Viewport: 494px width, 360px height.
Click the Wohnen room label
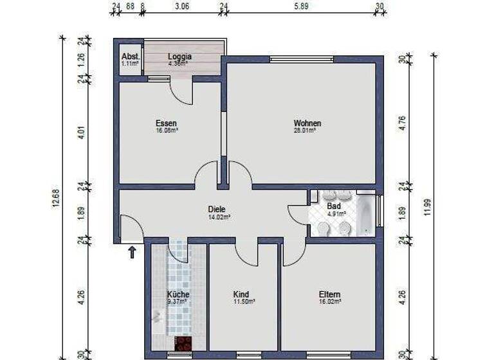coord(307,123)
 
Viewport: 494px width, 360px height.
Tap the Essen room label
coord(166,123)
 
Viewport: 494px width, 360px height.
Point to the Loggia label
coord(180,56)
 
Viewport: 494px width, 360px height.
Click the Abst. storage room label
coord(129,56)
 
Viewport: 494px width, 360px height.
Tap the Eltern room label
coord(329,294)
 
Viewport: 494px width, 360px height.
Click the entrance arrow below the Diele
coord(132,251)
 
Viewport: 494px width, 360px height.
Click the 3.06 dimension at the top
coord(182,7)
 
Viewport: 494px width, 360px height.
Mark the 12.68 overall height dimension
coord(54,197)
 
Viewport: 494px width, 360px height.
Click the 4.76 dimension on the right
coord(403,123)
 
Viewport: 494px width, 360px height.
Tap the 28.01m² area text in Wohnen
coord(307,130)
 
